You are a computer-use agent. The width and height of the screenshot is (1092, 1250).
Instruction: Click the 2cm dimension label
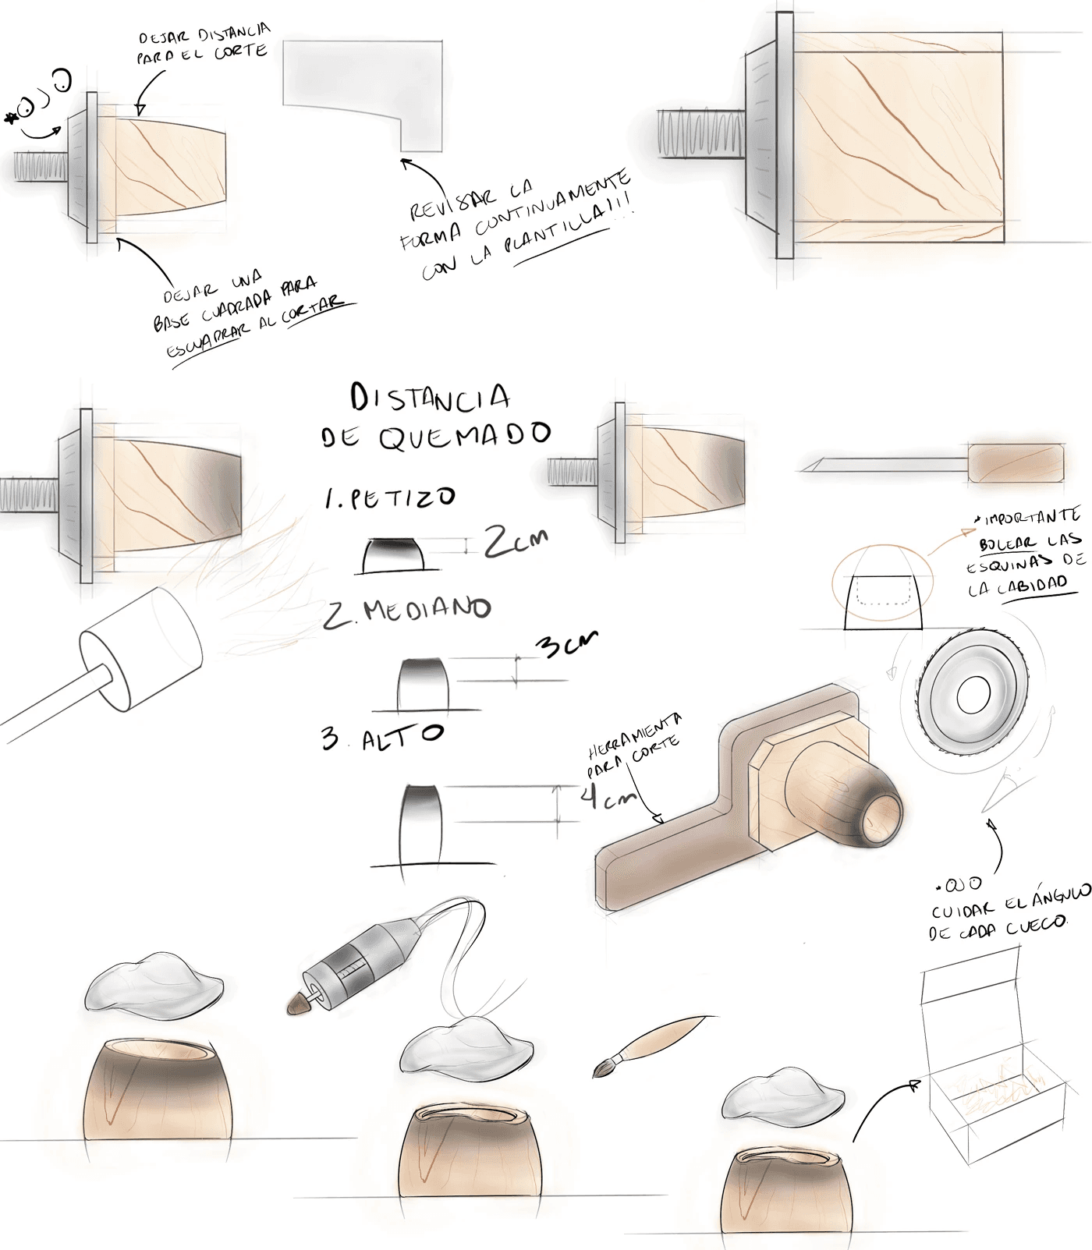tap(515, 541)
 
